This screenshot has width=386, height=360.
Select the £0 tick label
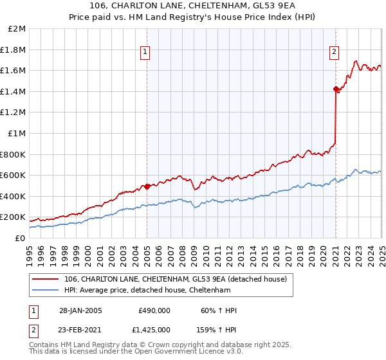(x=20, y=238)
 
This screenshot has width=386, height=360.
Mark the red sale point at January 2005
(x=147, y=186)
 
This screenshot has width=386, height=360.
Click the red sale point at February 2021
(x=336, y=89)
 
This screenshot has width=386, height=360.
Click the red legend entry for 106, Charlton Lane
(x=179, y=278)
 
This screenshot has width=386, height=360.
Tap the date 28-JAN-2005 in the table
(x=80, y=310)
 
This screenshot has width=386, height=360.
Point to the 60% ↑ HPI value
(x=219, y=310)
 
